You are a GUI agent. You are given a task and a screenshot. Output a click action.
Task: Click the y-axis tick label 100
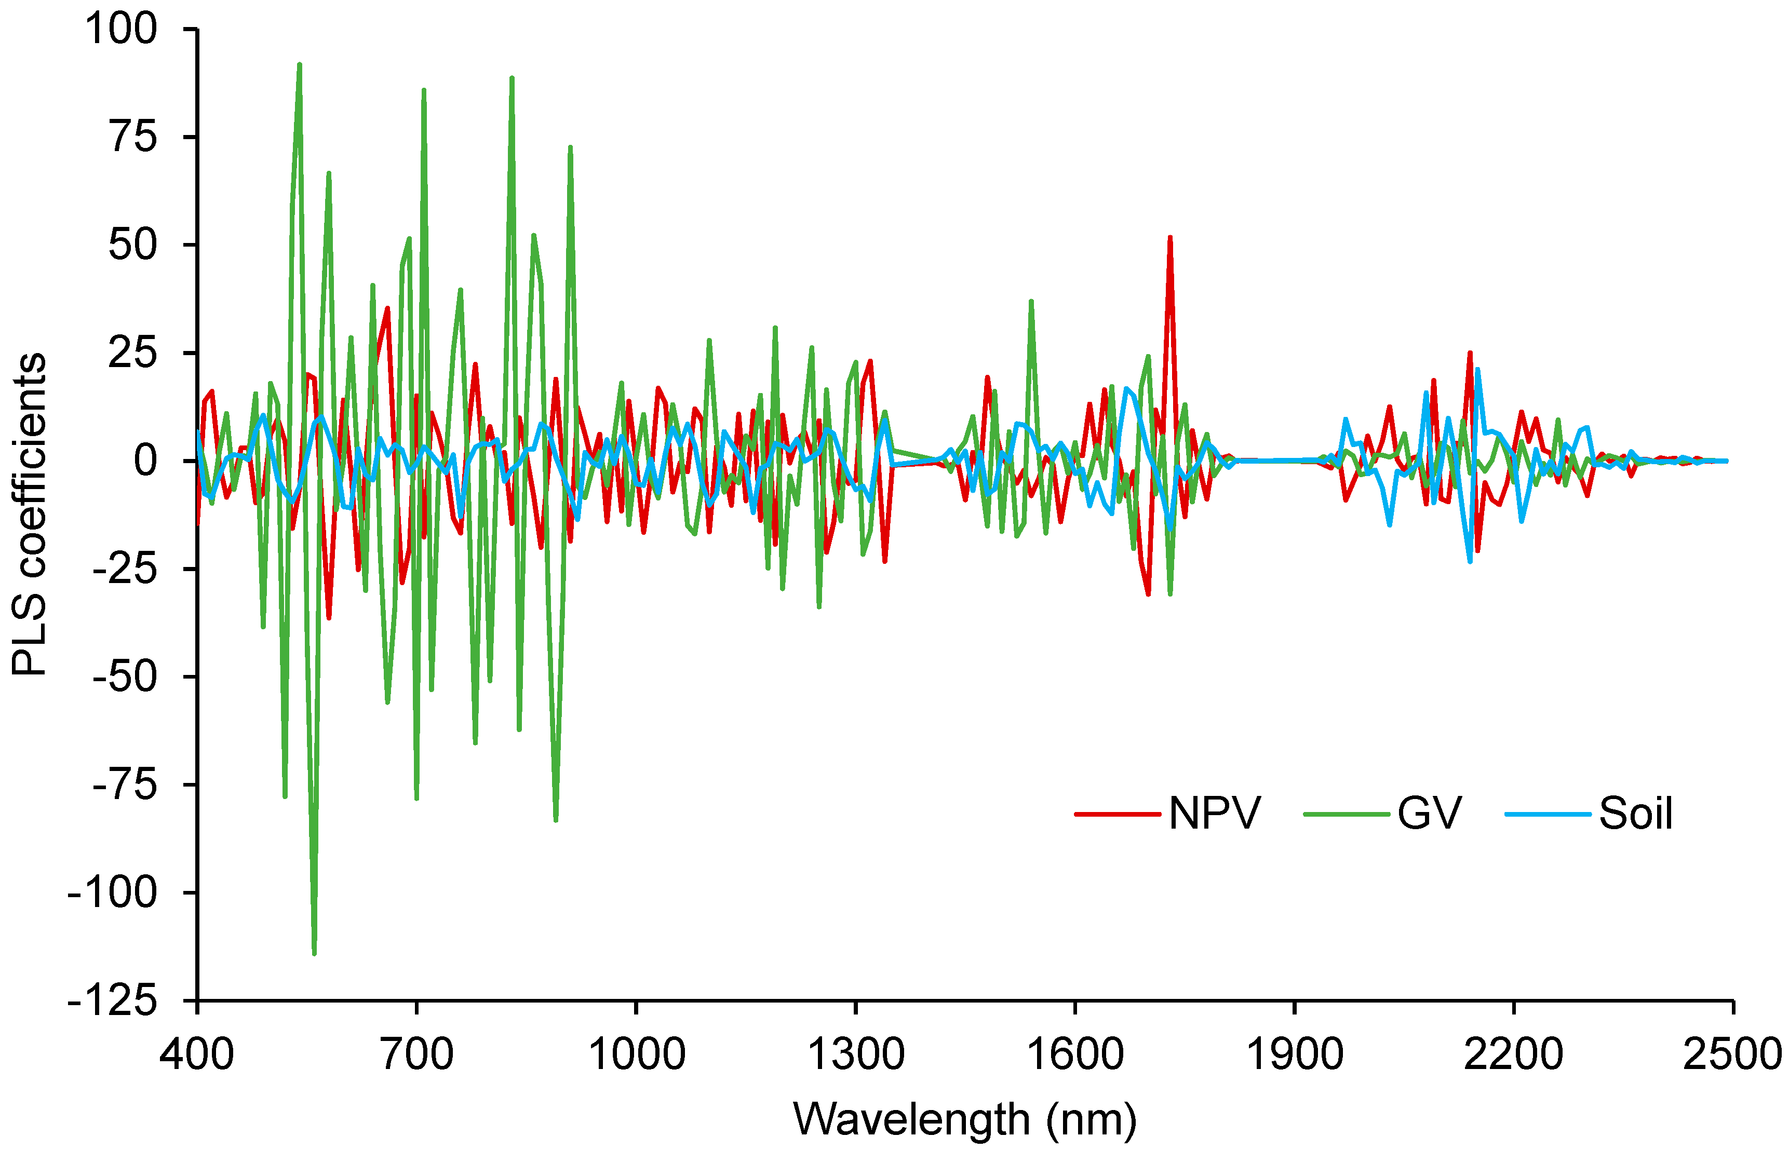click(121, 30)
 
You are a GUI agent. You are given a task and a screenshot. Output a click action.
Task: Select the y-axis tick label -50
click(125, 677)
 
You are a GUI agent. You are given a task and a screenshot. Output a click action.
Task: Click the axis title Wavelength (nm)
click(964, 1119)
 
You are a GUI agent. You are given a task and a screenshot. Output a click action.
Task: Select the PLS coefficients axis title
click(30, 515)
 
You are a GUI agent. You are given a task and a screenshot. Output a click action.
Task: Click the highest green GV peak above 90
click(300, 65)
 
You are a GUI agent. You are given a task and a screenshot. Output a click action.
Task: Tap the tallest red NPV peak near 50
click(1170, 237)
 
